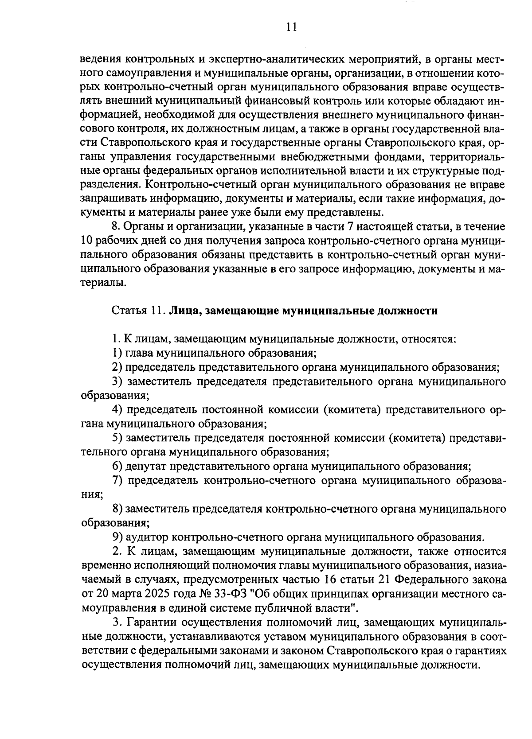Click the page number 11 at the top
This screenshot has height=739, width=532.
point(291,27)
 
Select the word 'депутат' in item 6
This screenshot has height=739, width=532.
point(146,467)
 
